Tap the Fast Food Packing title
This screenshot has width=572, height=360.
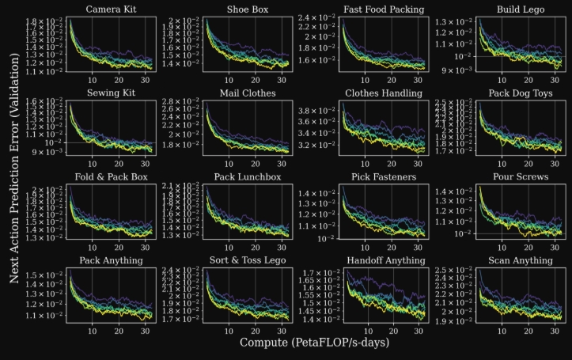click(x=384, y=9)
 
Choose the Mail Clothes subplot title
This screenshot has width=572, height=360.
click(x=248, y=93)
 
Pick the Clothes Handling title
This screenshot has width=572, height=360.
click(x=384, y=93)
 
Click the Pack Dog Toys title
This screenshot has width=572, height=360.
click(x=521, y=93)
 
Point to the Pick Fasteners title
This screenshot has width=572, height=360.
click(x=384, y=176)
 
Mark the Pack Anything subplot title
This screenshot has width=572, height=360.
click(x=111, y=260)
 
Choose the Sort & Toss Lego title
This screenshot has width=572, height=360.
click(x=248, y=260)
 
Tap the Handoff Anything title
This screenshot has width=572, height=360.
click(x=384, y=260)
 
